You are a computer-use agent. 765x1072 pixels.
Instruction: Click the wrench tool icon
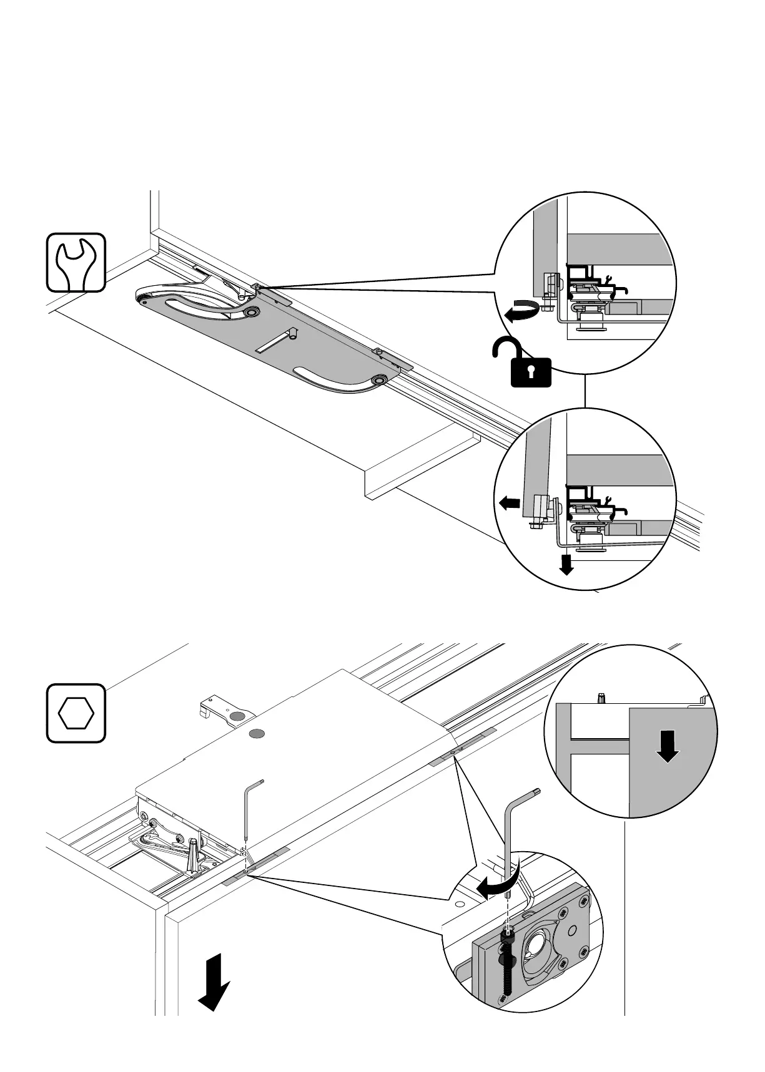pos(76,262)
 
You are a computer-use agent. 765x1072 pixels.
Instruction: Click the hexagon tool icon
pos(76,712)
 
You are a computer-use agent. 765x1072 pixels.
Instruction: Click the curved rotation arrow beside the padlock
pos(520,311)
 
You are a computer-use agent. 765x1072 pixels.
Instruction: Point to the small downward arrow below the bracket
pos(566,564)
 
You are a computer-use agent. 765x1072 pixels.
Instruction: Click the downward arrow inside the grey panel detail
pos(668,747)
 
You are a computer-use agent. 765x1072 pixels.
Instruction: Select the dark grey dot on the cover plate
pos(257,733)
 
